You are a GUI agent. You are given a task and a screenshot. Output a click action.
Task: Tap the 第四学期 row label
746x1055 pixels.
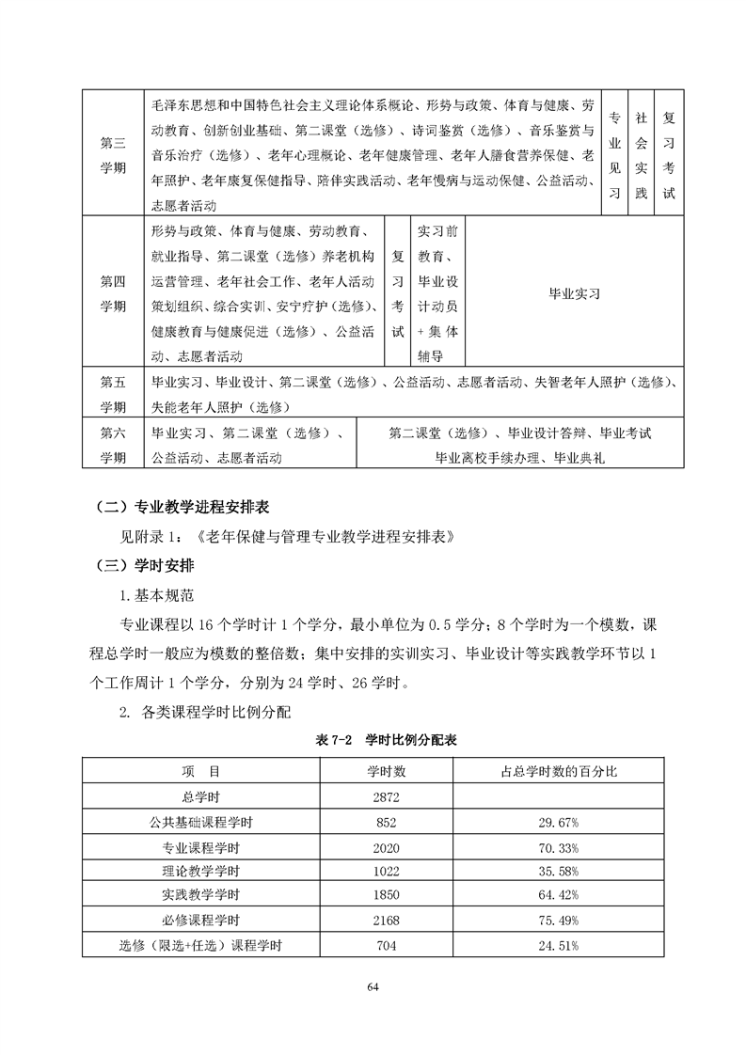(x=113, y=292)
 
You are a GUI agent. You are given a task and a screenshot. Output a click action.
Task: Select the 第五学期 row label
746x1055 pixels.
(x=113, y=394)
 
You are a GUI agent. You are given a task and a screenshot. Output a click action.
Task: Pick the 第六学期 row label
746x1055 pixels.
(x=113, y=445)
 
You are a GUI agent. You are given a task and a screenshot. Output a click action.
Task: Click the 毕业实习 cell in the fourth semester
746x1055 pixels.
(x=574, y=292)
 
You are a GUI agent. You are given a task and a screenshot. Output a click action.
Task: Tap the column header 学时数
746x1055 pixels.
(x=387, y=771)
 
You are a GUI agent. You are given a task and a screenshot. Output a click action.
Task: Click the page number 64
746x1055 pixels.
(x=373, y=986)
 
